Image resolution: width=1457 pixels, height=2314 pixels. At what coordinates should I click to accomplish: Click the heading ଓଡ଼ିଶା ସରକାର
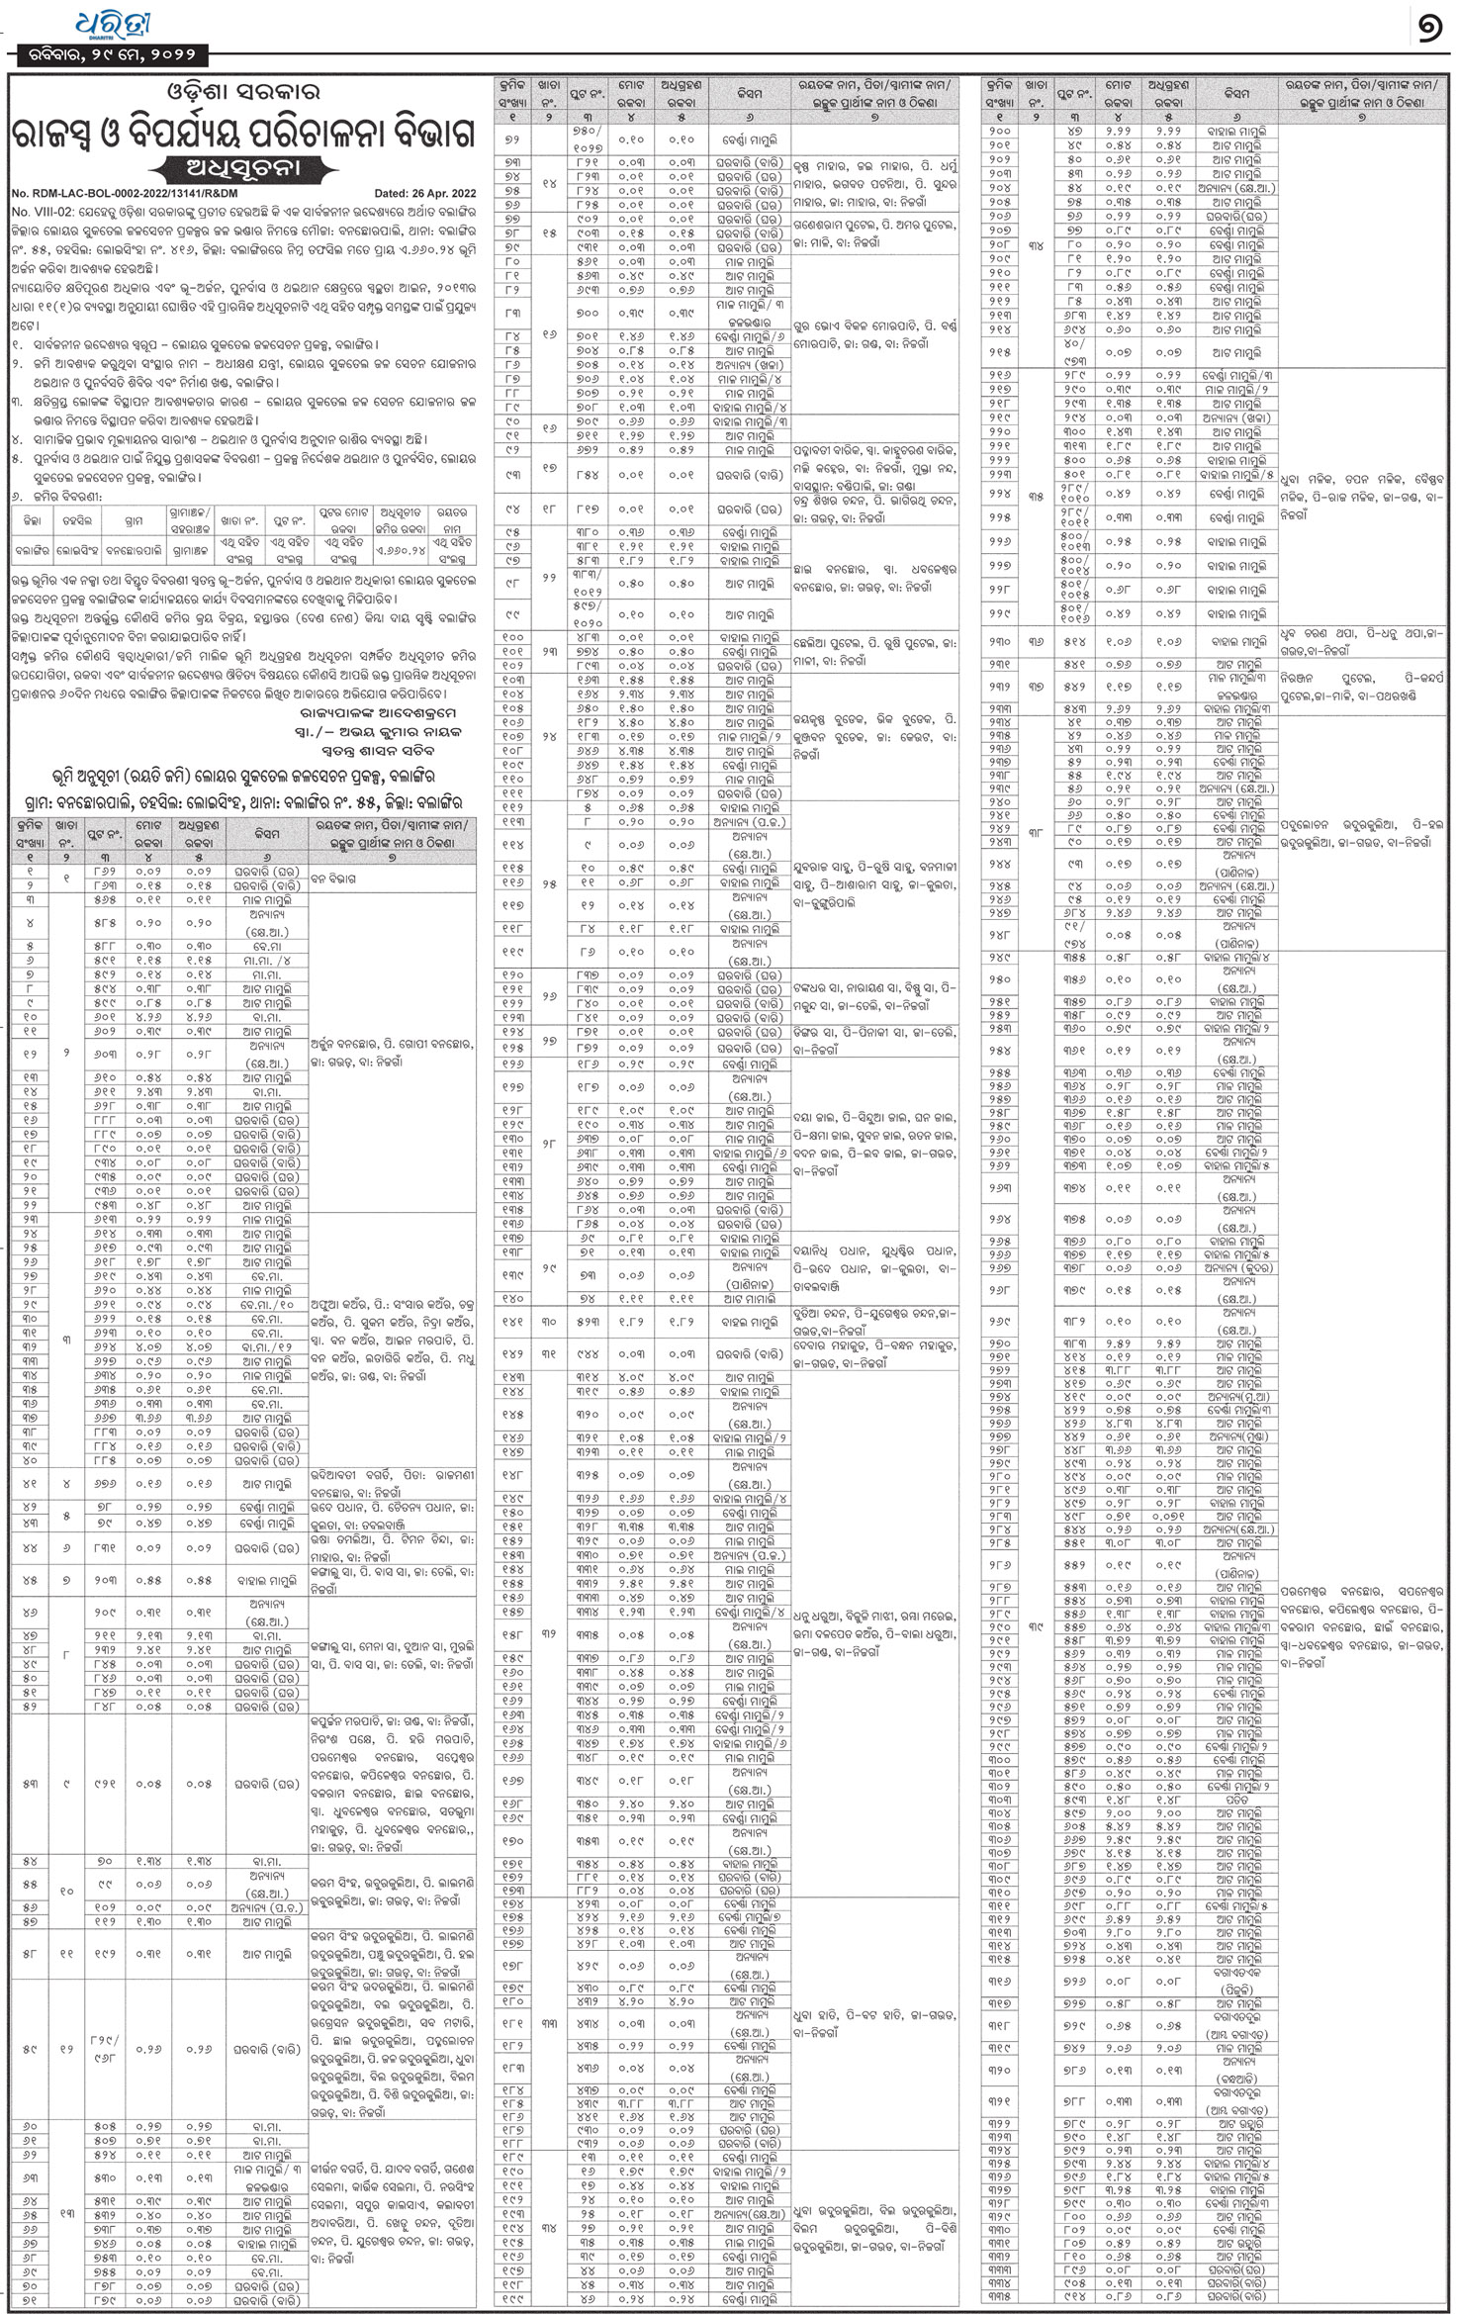click(241, 94)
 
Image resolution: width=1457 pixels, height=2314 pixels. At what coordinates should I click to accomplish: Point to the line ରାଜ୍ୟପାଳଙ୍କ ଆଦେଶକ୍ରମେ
click(380, 712)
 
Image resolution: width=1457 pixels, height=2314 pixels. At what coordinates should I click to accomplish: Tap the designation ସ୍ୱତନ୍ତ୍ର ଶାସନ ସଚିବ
click(396, 752)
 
